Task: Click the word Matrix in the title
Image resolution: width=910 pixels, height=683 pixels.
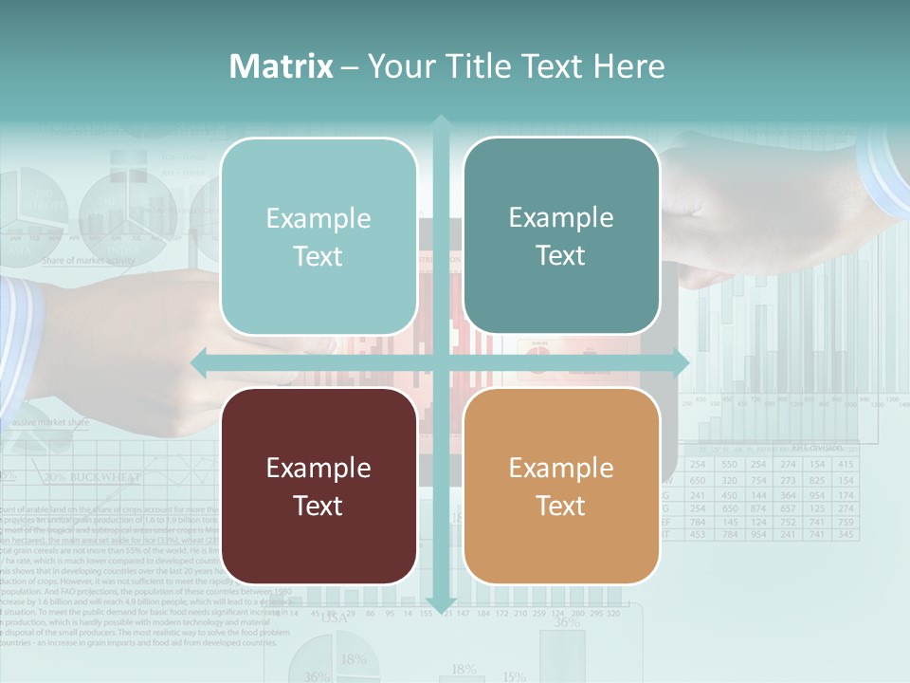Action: (x=282, y=66)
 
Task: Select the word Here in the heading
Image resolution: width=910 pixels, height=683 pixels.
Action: (x=628, y=66)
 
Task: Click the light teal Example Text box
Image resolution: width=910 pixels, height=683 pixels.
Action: (x=318, y=237)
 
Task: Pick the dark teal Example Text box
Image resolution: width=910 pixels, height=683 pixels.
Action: (x=561, y=236)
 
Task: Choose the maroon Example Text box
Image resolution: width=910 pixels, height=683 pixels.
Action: (x=318, y=486)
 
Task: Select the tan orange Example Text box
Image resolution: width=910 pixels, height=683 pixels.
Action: (x=561, y=486)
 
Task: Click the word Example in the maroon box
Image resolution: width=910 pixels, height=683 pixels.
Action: (x=318, y=468)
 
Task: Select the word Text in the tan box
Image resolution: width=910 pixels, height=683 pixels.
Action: (x=561, y=506)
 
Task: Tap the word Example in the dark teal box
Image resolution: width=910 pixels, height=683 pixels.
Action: (x=561, y=218)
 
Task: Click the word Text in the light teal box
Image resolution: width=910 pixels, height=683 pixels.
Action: (x=318, y=257)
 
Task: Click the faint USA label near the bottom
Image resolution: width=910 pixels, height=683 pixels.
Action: (x=334, y=618)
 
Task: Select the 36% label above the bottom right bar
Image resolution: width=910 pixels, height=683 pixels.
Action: (x=567, y=623)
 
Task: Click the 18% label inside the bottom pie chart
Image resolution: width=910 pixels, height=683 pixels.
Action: (x=353, y=659)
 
